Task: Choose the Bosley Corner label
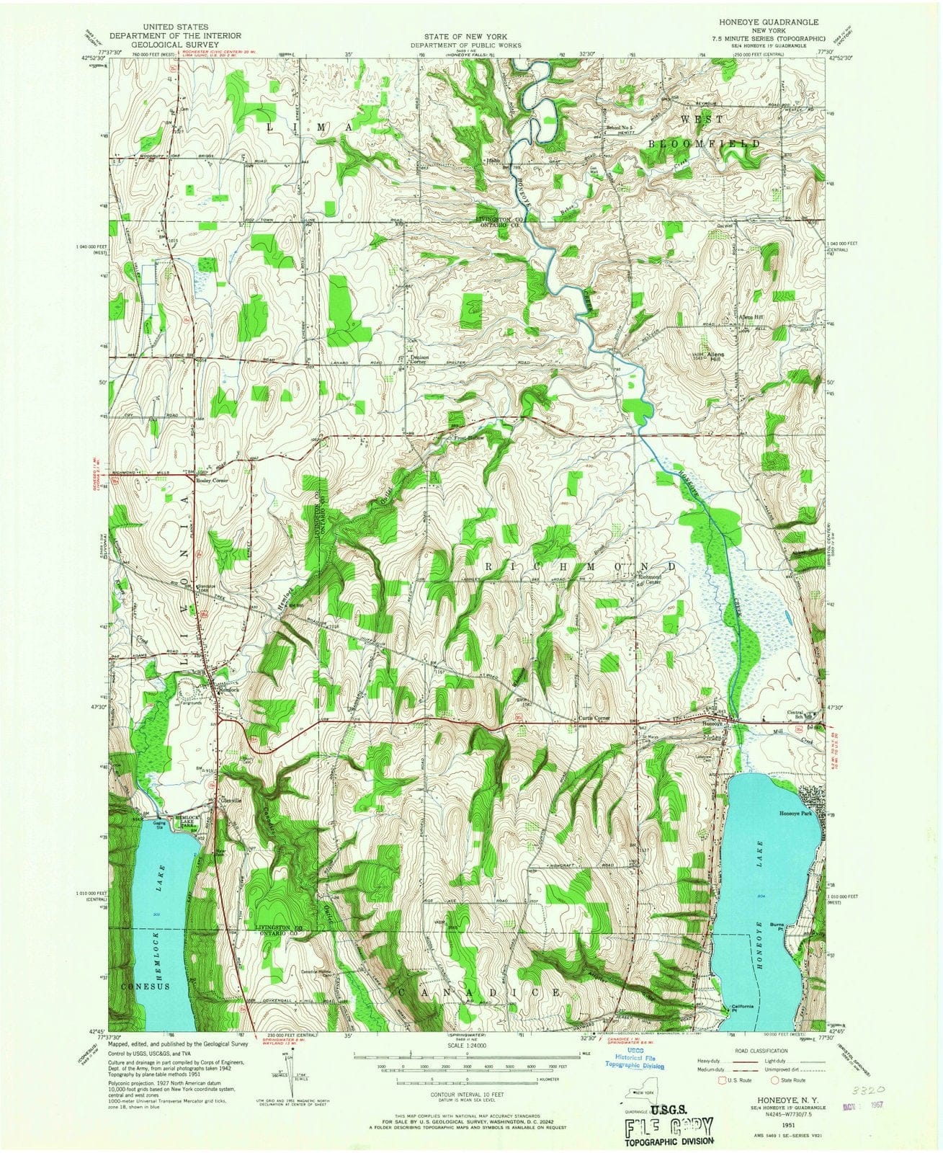pyautogui.click(x=215, y=479)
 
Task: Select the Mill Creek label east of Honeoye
pyautogui.click(x=776, y=731)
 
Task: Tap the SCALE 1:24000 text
pyautogui.click(x=467, y=1044)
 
